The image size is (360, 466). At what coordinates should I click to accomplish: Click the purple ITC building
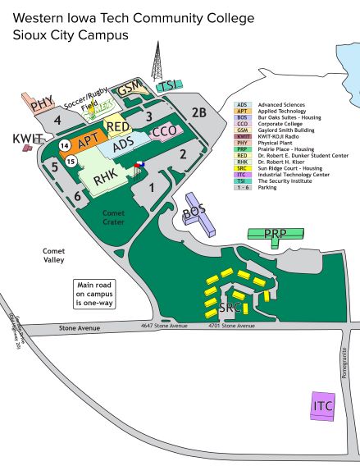(324, 405)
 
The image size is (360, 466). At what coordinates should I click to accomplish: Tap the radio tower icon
(154, 62)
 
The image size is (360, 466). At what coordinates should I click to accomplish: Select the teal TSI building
(167, 85)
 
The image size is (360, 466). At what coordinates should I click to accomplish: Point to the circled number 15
(71, 162)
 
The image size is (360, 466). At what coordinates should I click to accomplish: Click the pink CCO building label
(165, 131)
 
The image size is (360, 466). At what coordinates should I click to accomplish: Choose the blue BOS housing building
(196, 212)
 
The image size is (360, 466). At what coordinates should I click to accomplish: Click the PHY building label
(42, 104)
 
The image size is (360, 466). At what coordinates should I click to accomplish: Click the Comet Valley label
(54, 256)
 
